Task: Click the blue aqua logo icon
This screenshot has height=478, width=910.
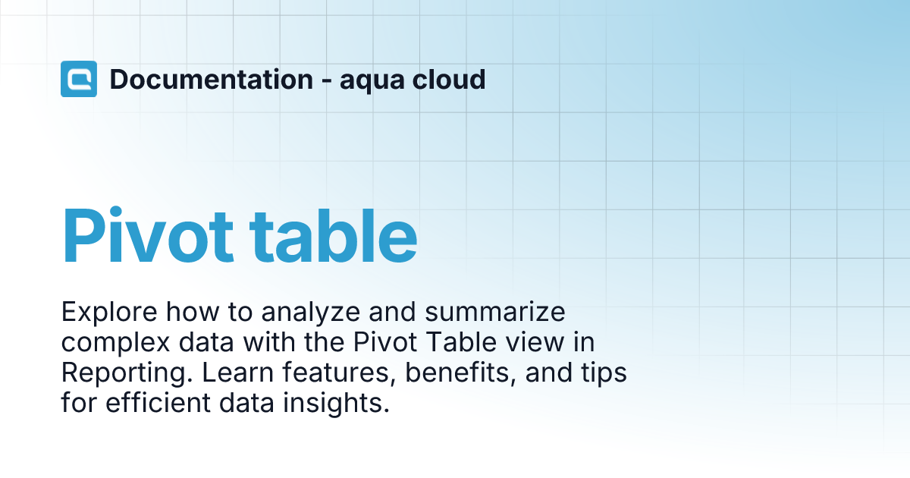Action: tap(79, 79)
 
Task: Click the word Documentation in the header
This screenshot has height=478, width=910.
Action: tap(212, 79)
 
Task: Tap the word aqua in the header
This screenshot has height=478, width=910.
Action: tap(372, 80)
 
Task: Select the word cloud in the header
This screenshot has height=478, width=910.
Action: tap(449, 79)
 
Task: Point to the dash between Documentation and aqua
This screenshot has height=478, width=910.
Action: tap(326, 81)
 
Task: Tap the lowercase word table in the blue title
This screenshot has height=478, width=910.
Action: tap(333, 235)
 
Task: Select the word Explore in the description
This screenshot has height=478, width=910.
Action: tap(109, 312)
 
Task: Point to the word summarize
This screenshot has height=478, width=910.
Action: tap(495, 312)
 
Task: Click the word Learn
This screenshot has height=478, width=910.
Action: tap(238, 373)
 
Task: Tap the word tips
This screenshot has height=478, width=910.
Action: tap(604, 373)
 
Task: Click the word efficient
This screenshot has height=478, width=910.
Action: tap(158, 402)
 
